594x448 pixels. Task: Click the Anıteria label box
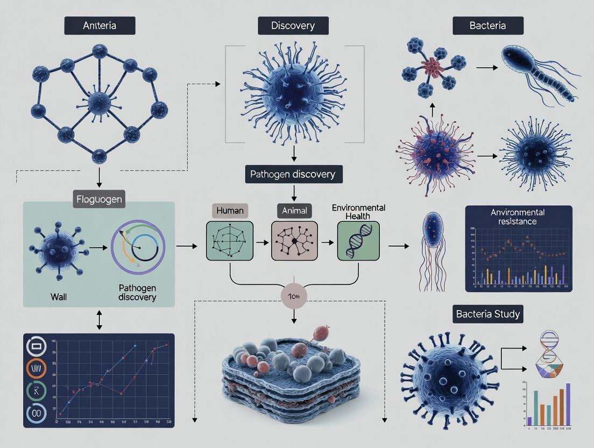tap(100, 25)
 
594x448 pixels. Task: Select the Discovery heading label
tap(293, 26)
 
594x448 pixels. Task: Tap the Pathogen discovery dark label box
tap(293, 174)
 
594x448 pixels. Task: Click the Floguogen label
tap(98, 199)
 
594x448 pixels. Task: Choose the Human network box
tap(229, 240)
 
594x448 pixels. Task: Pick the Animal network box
tap(294, 240)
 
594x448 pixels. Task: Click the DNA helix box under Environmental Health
tap(358, 240)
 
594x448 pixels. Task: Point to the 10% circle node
tap(294, 297)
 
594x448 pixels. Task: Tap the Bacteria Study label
tap(488, 313)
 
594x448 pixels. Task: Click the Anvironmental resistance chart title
tap(518, 216)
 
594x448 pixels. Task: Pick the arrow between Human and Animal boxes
tap(262, 243)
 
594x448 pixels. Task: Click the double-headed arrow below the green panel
tap(98, 320)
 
